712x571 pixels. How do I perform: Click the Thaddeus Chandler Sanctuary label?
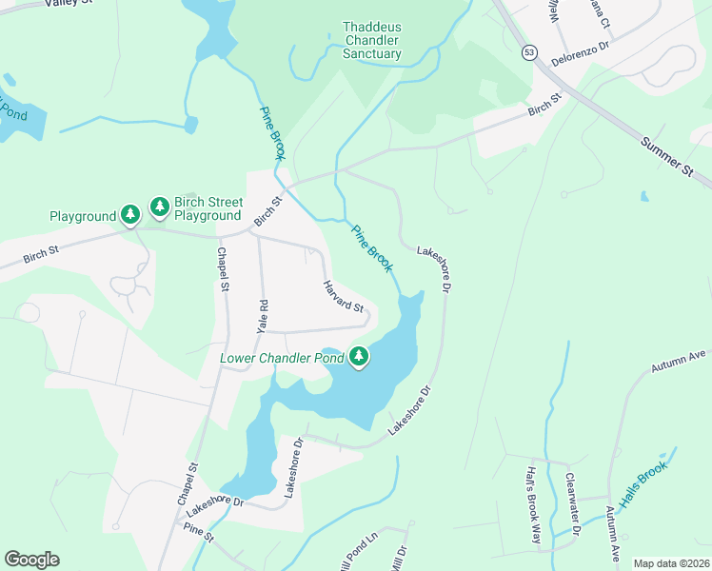pos(372,42)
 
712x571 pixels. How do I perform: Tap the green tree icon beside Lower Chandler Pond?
pos(359,357)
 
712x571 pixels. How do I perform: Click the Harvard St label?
pos(343,296)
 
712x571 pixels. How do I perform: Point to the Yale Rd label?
pos(264,315)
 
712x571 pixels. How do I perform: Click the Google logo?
pos(31,560)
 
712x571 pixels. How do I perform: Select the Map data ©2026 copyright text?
pos(670,563)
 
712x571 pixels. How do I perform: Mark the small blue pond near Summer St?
pos(645,197)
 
